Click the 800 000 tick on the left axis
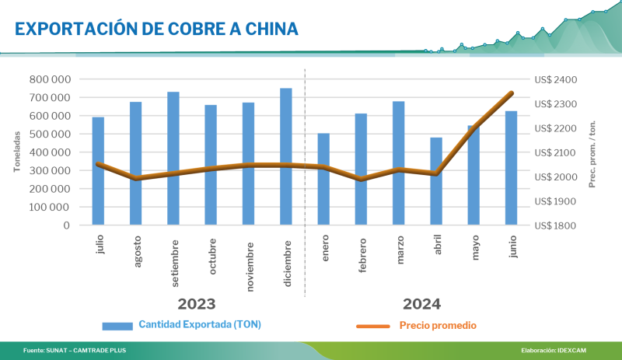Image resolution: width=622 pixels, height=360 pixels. coord(49,79)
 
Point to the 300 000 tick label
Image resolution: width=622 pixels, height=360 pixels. coord(49,170)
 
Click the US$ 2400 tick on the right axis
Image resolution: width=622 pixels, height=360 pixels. coord(555,79)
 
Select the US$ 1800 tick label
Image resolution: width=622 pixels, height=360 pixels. coord(555,225)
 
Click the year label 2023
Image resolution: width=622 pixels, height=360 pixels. coord(197,303)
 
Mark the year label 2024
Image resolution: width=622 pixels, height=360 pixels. coord(421,303)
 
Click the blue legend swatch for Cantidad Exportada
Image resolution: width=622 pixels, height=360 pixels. coord(117,325)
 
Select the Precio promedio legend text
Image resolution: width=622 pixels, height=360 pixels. coord(438,325)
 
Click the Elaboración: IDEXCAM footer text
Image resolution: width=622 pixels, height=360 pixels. coord(554,351)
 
